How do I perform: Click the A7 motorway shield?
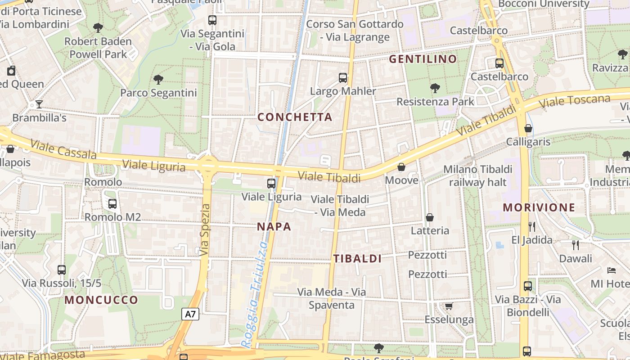(190, 314)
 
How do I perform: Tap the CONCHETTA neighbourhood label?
(295, 117)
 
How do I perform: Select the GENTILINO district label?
(423, 59)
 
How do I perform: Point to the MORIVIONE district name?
(539, 207)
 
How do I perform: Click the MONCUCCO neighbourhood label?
(101, 300)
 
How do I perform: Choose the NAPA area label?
(274, 227)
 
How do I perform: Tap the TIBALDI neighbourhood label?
(357, 258)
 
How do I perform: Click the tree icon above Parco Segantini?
(158, 80)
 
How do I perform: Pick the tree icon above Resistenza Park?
(435, 88)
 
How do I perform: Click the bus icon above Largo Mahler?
(343, 78)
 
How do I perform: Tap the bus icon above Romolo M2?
(112, 203)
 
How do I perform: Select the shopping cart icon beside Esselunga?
(449, 306)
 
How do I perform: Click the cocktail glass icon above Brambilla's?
(39, 104)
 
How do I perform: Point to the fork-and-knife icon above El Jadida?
(531, 226)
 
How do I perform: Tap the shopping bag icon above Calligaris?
(528, 128)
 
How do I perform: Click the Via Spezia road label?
(205, 230)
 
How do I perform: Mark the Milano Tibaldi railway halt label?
(477, 175)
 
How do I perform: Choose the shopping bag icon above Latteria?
(430, 217)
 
